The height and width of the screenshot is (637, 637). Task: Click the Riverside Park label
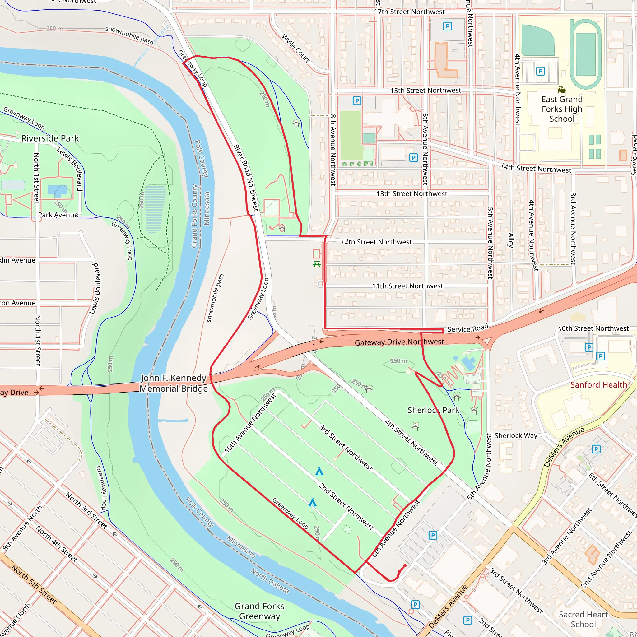click(x=50, y=138)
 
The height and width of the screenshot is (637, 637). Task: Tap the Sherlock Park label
click(x=433, y=410)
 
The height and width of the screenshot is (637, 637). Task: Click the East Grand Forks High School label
click(x=561, y=109)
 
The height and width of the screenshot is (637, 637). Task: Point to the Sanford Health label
click(x=598, y=384)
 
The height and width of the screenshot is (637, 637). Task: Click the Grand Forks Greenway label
click(x=259, y=611)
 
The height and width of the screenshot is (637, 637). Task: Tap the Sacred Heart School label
click(x=583, y=619)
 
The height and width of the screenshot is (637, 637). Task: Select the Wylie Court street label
click(x=295, y=48)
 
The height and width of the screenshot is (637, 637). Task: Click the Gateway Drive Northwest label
click(x=399, y=342)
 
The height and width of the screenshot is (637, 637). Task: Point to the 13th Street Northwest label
click(x=411, y=193)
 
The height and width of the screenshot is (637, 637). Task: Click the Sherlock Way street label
click(x=516, y=435)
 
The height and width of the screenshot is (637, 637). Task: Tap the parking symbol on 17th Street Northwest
click(x=447, y=26)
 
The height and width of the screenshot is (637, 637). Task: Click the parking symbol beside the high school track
click(x=540, y=71)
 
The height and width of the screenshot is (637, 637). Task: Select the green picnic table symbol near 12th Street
click(x=317, y=264)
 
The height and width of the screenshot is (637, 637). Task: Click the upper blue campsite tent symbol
click(x=319, y=471)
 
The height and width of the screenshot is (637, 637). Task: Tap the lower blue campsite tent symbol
click(x=312, y=503)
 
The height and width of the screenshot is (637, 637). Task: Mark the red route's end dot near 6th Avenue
click(x=405, y=565)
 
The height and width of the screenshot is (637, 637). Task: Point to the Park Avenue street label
click(x=58, y=215)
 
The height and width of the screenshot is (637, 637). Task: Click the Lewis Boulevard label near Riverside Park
click(x=70, y=169)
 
